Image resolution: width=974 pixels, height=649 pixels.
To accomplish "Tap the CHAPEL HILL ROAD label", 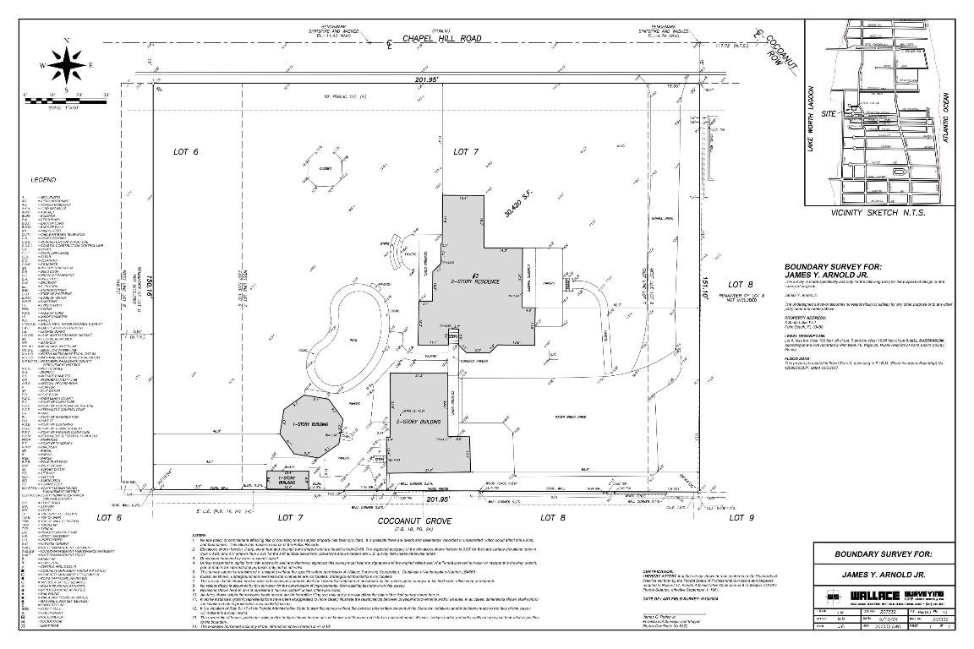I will [440, 38].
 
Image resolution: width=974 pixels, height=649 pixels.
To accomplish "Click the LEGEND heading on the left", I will [43, 180].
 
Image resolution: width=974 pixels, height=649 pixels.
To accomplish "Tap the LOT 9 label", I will [737, 516].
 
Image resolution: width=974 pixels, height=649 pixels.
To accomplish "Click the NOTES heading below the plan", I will [200, 536].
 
